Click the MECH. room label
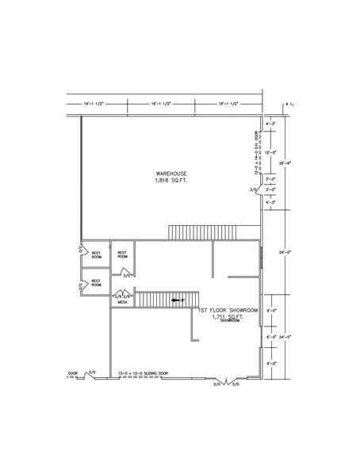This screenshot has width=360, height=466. tap(124, 302)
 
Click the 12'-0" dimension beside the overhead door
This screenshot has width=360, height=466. tap(270, 152)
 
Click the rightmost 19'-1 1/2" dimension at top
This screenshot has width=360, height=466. tap(229, 104)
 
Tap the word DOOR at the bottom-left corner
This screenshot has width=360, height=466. tap(73, 372)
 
